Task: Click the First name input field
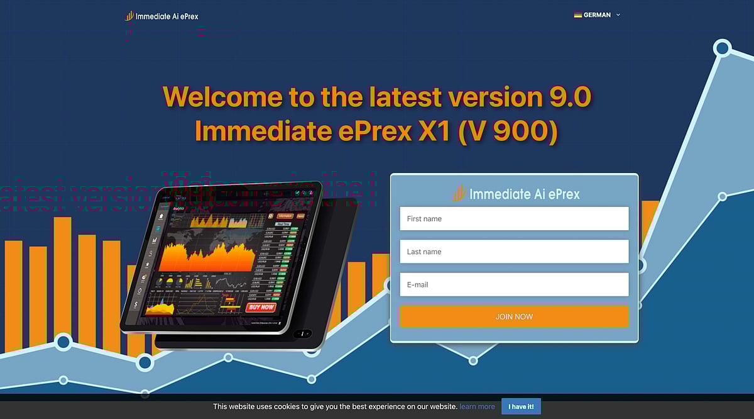(x=514, y=219)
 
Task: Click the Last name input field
(x=514, y=252)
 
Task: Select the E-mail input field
(x=514, y=284)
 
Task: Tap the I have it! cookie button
(x=521, y=406)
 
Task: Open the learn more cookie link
(x=477, y=406)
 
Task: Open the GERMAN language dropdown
(x=597, y=15)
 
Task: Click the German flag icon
(x=577, y=15)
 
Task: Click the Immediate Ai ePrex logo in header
(x=161, y=16)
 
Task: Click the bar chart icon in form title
(x=459, y=193)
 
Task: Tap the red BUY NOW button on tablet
(x=261, y=307)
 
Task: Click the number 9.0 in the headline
(x=569, y=97)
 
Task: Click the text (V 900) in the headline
(x=508, y=131)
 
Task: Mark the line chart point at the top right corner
(x=723, y=48)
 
